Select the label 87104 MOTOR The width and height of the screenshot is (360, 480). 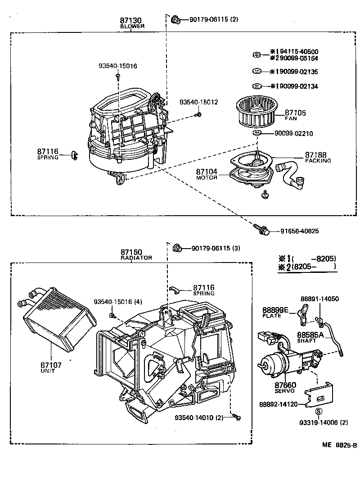point(207,174)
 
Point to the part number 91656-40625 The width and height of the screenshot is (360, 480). point(299,231)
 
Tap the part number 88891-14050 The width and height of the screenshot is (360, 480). point(319,299)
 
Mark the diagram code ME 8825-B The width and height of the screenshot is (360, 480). point(339,445)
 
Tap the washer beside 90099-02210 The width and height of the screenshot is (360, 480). point(257,133)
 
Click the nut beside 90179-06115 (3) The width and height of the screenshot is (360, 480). point(177,248)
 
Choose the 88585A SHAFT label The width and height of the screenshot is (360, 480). point(310,337)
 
